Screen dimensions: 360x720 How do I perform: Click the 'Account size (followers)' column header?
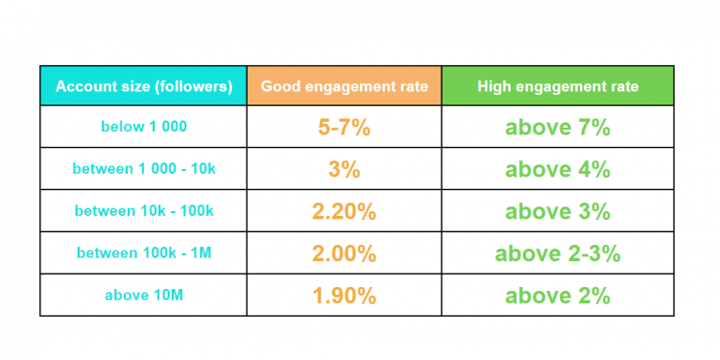[x=143, y=86]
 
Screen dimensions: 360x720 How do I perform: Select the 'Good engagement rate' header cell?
[x=344, y=86]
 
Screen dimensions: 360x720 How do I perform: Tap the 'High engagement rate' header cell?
[x=558, y=86]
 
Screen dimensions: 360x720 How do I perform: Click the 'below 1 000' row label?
[x=143, y=127]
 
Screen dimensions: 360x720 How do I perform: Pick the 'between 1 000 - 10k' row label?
[x=143, y=169]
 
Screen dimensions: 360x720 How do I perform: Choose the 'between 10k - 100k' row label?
[x=143, y=211]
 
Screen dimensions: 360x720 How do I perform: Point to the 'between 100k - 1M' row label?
[x=143, y=253]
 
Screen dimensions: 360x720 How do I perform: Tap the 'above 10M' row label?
[x=143, y=296]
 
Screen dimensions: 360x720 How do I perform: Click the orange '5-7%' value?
[x=344, y=127]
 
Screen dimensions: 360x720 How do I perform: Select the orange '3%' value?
[x=344, y=169]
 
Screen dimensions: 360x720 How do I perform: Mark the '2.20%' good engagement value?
[x=344, y=211]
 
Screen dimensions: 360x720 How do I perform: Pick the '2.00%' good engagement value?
[x=344, y=253]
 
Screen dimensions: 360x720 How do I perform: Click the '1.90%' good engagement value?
[x=344, y=296]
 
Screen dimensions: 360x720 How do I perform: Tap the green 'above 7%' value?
[x=558, y=127]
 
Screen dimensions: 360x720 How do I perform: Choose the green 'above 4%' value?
[x=558, y=169]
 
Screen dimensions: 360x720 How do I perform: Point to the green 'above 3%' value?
[x=558, y=211]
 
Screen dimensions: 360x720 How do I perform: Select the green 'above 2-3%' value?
[x=558, y=253]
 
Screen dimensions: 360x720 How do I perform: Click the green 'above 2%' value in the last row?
[x=558, y=296]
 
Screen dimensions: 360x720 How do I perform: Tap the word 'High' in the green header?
[x=494, y=86]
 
